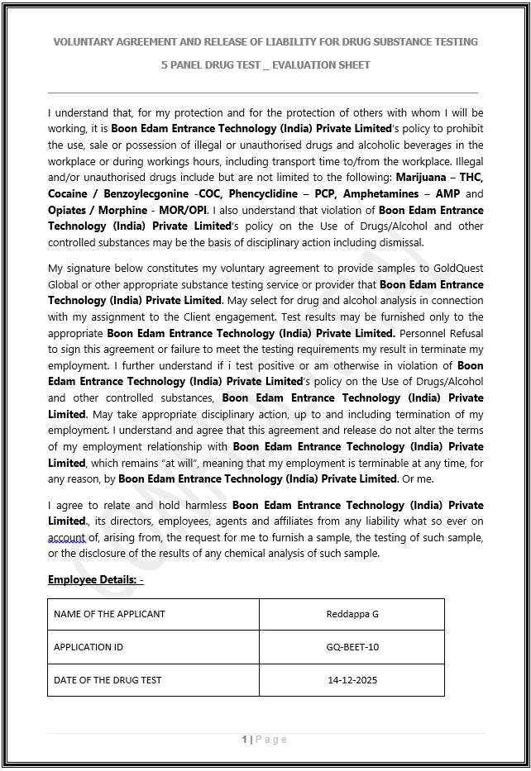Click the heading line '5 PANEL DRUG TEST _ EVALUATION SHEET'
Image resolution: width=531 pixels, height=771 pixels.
[x=265, y=64]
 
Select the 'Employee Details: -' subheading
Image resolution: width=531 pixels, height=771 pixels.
[x=96, y=580]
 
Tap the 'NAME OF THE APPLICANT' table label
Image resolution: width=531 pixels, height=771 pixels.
[x=109, y=614]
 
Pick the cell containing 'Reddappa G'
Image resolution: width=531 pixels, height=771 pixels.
[x=352, y=614]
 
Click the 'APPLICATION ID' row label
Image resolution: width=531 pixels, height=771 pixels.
[x=88, y=647]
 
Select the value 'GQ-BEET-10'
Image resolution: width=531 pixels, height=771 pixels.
[x=352, y=647]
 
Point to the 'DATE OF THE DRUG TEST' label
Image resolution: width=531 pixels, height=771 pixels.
[x=108, y=680]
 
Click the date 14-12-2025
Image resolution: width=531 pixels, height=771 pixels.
[x=352, y=680]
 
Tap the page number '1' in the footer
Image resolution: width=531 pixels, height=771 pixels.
[x=245, y=740]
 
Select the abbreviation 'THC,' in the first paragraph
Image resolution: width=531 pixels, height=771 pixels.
[x=471, y=178]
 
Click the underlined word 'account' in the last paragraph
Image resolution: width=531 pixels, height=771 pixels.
[x=66, y=538]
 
